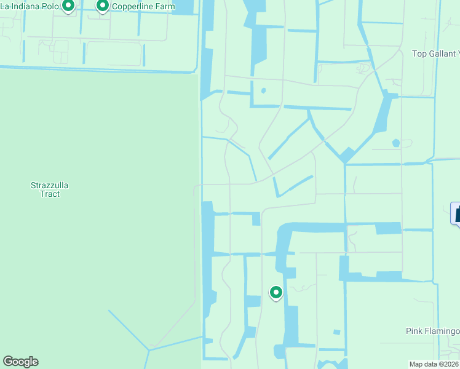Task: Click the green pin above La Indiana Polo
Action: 68,6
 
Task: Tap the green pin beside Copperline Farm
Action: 103,6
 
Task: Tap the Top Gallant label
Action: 435,54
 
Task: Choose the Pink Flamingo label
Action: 432,331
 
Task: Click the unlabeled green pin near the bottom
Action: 276,292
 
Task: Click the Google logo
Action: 20,362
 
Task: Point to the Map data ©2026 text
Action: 434,363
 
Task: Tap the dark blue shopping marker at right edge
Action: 456,213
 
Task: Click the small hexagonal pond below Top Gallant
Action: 395,143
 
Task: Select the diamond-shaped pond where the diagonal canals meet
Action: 347,155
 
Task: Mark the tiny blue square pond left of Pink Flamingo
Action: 336,333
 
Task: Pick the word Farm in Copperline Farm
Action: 163,7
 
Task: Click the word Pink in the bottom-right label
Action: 415,331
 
